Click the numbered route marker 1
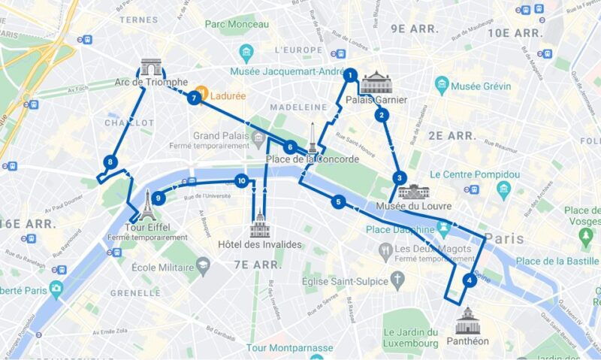[349, 74]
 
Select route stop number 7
[195, 97]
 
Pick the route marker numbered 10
[241, 180]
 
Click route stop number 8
[110, 162]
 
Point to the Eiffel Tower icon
[147, 204]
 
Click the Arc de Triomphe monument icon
[150, 68]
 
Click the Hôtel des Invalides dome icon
[260, 222]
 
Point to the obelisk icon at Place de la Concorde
[312, 138]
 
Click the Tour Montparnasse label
[289, 348]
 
